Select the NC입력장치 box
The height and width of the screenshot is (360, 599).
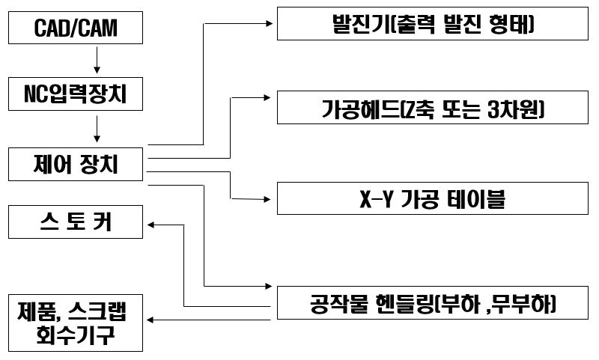point(76,95)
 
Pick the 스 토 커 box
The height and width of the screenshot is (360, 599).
point(76,222)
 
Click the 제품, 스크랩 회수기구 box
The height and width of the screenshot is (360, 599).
point(76,322)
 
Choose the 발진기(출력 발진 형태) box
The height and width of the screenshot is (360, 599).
point(434,23)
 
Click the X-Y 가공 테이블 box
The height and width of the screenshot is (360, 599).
point(434,198)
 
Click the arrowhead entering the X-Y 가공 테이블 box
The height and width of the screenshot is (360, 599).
point(270,198)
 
